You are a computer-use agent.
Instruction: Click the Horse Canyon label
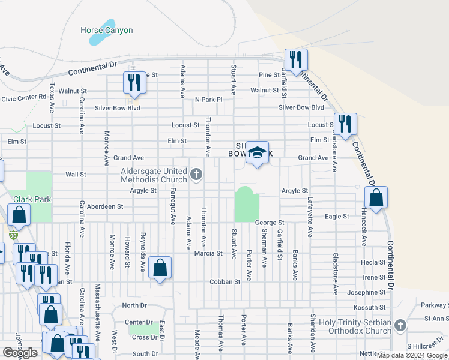(x=107, y=30)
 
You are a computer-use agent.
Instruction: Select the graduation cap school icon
(x=257, y=154)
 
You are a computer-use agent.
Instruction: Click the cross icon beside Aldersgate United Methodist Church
(x=196, y=175)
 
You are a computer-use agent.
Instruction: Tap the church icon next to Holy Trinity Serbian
(x=400, y=325)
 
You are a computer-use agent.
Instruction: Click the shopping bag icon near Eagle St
(x=376, y=199)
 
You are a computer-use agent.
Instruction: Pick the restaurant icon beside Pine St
(x=134, y=82)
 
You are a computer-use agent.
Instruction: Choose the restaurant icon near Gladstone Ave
(x=345, y=125)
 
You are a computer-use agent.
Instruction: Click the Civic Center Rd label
(x=24, y=97)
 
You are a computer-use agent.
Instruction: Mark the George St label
(x=268, y=222)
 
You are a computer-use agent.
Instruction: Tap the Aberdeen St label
(x=105, y=206)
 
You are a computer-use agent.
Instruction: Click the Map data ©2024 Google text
(x=411, y=355)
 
